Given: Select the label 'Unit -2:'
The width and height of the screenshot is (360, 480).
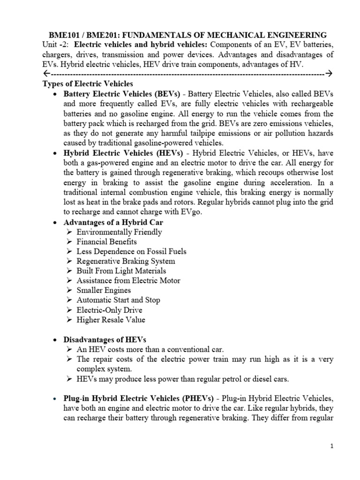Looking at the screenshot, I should [x=56, y=45].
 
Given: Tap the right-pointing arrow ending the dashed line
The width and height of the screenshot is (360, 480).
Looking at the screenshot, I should [x=329, y=74].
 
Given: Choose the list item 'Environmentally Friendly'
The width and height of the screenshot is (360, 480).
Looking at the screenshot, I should [x=119, y=232].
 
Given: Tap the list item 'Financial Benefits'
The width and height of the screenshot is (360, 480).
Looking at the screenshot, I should [x=106, y=241].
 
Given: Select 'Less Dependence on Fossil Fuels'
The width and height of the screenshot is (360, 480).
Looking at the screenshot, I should [x=131, y=251].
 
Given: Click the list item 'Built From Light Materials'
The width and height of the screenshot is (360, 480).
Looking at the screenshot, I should [x=121, y=271].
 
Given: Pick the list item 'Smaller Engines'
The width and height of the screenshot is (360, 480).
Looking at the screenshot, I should [x=104, y=291].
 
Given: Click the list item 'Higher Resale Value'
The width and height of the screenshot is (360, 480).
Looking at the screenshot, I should [x=111, y=320].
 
